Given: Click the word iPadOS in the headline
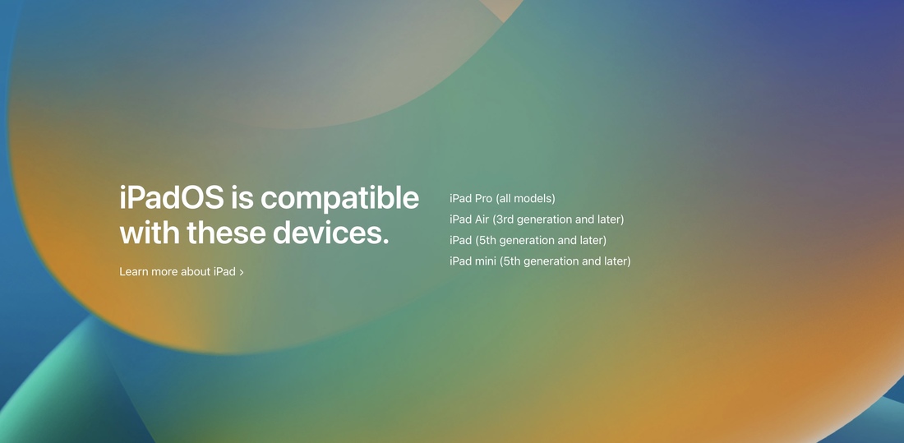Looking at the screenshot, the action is coord(172,198).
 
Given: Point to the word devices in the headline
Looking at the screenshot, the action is coord(331,233).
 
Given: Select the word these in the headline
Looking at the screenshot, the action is coord(227,233).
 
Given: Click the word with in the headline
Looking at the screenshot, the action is coord(150,233).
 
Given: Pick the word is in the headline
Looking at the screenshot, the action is coord(242,198).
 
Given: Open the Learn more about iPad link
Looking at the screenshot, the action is coord(181,272).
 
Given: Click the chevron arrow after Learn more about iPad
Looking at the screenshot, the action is coord(241,272).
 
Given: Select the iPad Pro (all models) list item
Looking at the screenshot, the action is coord(502,199).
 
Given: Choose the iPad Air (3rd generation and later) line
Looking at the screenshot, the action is coord(537,219).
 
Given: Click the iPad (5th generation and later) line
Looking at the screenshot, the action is coord(528,241).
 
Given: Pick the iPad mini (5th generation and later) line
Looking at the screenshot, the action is coord(540,261).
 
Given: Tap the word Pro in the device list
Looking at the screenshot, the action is coord(484,198).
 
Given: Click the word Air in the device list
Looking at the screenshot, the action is coord(482,219).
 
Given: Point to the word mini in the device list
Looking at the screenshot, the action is coord(487,261).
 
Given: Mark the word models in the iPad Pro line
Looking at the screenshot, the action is coord(533,199).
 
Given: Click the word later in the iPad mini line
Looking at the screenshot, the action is coord(615,261).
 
